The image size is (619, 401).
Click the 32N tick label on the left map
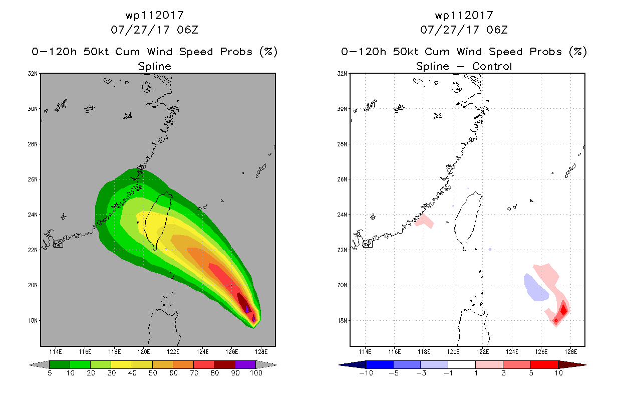click(x=33, y=74)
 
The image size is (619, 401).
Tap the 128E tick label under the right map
click(x=570, y=352)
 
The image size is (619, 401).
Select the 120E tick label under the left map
click(x=144, y=352)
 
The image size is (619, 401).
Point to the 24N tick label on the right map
click(x=342, y=215)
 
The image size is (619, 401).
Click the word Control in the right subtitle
click(x=492, y=66)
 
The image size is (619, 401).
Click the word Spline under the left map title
click(x=154, y=66)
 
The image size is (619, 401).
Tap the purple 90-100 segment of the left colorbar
click(x=245, y=364)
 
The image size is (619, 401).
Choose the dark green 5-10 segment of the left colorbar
click(x=60, y=364)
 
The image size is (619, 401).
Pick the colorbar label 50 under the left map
click(x=153, y=373)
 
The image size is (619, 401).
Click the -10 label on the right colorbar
click(x=366, y=373)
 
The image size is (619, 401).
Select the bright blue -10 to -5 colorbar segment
click(x=380, y=364)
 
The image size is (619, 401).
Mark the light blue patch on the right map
click(x=535, y=288)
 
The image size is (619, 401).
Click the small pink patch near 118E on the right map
click(x=424, y=221)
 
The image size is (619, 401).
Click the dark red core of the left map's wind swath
click(x=244, y=303)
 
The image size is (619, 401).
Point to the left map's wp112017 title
click(x=154, y=15)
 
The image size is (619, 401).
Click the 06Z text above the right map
click(x=497, y=30)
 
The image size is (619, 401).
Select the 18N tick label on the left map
click(x=33, y=320)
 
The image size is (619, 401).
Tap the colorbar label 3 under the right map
click(x=503, y=373)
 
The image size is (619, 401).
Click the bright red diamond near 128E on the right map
click(x=564, y=309)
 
